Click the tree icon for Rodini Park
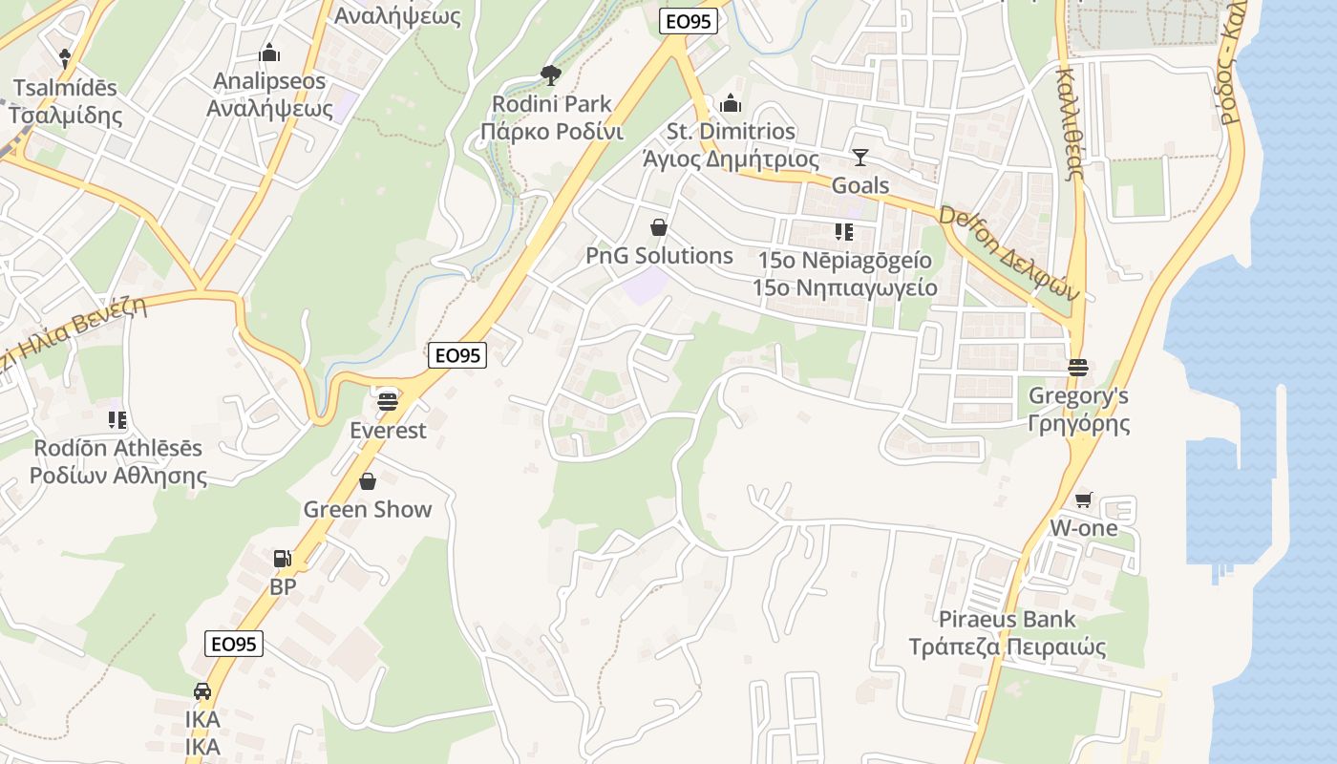click(x=550, y=74)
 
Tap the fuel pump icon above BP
click(x=283, y=559)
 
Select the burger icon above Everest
click(x=387, y=401)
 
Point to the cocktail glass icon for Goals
click(x=860, y=158)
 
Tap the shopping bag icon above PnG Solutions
click(x=658, y=227)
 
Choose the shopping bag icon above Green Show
click(x=368, y=481)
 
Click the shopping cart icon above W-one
click(x=1083, y=499)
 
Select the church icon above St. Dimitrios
click(x=731, y=103)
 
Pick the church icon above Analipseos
click(x=269, y=52)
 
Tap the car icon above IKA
click(x=202, y=690)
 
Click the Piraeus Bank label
click(x=1007, y=619)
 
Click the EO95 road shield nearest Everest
click(x=458, y=355)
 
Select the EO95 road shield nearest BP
click(x=234, y=644)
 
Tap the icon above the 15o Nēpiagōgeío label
click(x=843, y=231)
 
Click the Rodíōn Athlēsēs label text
click(x=118, y=448)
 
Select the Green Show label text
click(x=368, y=509)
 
